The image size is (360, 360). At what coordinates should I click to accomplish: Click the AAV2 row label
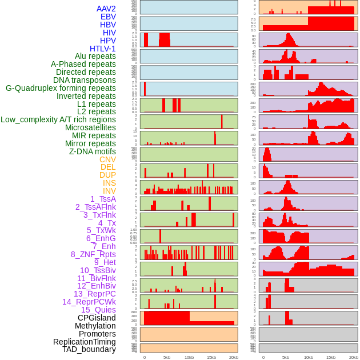point(106,9)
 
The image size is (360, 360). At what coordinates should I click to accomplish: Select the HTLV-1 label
point(102,49)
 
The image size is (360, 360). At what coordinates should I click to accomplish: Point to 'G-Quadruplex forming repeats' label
point(61,88)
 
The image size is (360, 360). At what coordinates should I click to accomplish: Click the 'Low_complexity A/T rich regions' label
point(58,119)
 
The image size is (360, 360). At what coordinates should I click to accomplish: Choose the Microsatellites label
point(90,127)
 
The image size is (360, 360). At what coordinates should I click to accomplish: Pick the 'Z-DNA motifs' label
point(93,151)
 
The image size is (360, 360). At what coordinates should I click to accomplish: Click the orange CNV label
point(107,159)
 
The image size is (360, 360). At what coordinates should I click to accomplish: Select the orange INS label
point(109,183)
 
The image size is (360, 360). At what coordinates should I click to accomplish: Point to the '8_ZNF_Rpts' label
point(93,254)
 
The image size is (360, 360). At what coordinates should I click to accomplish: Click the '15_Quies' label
point(98,310)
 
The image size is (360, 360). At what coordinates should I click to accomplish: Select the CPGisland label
point(97,318)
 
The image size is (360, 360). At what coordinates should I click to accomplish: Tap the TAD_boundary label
point(89,349)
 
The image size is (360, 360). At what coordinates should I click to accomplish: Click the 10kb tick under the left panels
point(189,357)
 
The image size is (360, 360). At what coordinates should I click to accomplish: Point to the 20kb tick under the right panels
point(353,357)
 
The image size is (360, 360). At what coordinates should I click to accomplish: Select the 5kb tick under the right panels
point(285,357)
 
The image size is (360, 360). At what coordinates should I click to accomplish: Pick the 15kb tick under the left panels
point(211,357)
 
